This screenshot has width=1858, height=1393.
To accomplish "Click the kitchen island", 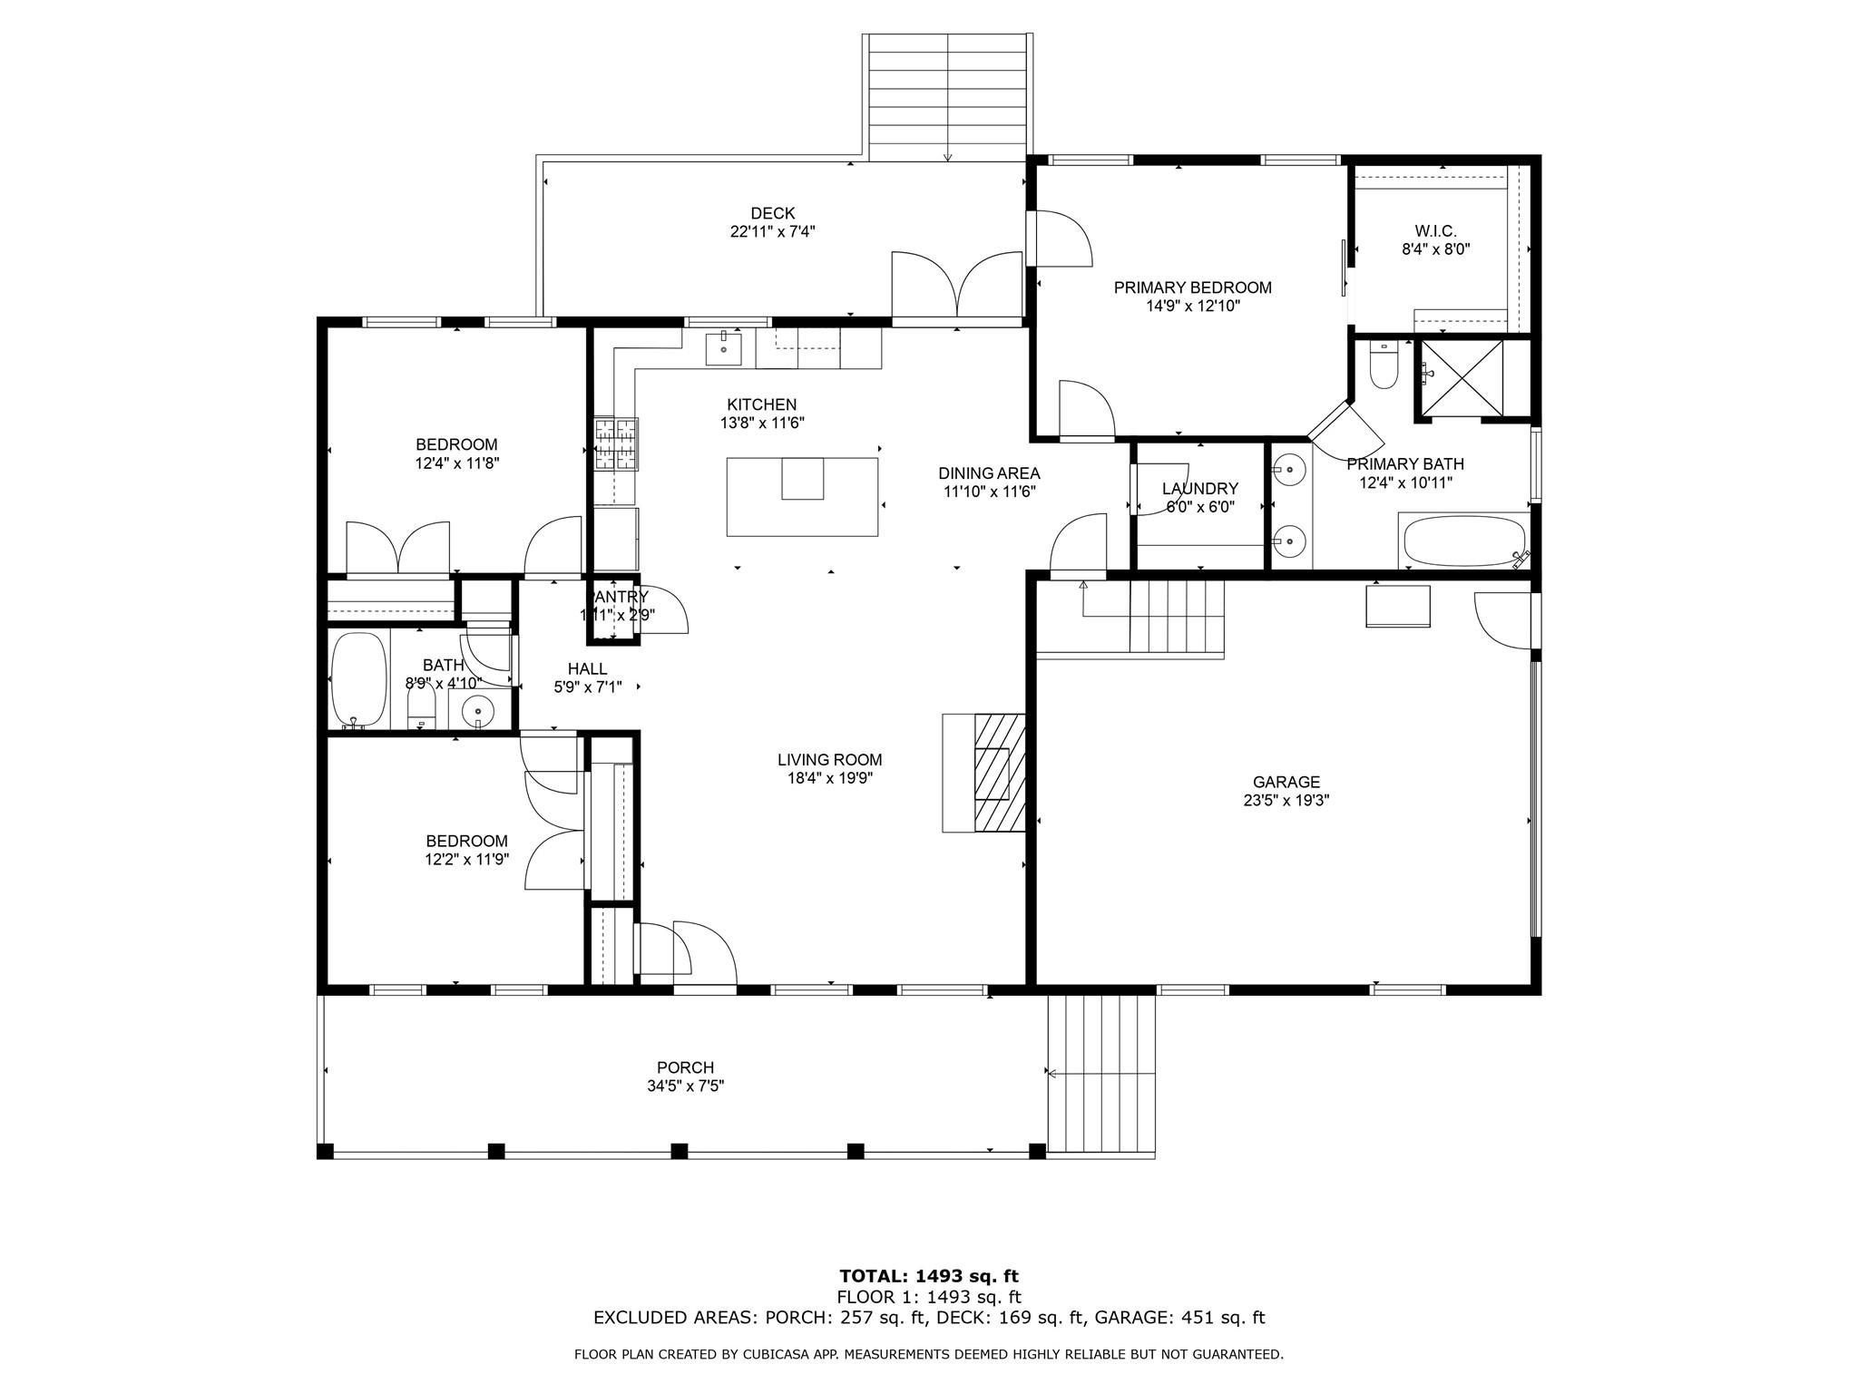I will click(x=802, y=497).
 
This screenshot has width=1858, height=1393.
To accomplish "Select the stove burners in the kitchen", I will click(x=617, y=443).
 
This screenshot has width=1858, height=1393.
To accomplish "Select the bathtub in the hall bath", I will click(x=358, y=680).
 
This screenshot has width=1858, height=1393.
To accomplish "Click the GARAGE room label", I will click(x=1286, y=782).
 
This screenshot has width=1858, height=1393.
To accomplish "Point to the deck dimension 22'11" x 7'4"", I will click(x=772, y=231).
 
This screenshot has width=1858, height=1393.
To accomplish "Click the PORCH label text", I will click(x=685, y=1067).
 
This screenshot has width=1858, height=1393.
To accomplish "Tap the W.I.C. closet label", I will click(x=1435, y=231).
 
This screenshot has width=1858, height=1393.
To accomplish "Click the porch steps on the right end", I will click(x=1101, y=1075).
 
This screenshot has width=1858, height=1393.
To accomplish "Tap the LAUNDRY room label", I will click(x=1199, y=489).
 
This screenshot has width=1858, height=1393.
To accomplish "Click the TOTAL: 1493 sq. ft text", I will click(x=929, y=1277).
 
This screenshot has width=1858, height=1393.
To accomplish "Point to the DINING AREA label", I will click(x=989, y=473).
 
